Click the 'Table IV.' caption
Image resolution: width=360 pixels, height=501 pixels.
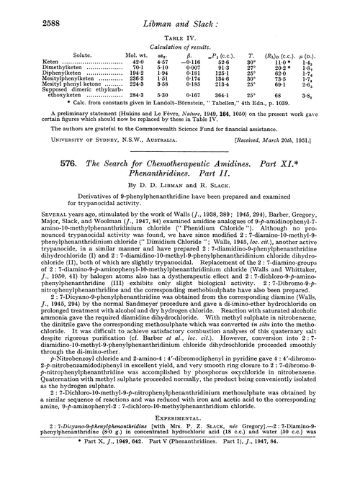180,35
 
